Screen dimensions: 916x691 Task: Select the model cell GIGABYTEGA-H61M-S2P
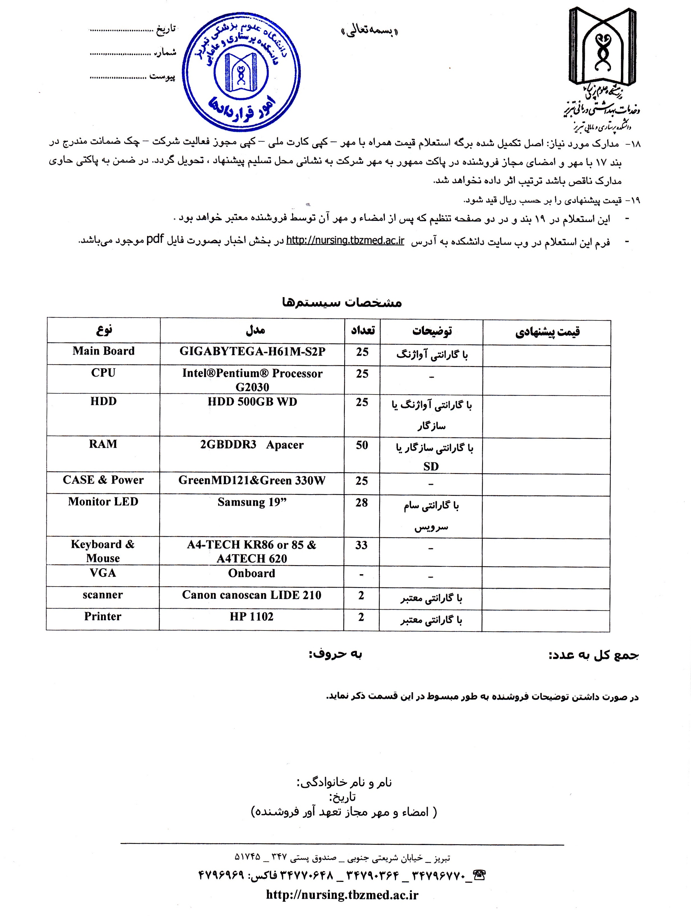tap(252, 352)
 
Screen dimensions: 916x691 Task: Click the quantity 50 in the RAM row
tap(362, 445)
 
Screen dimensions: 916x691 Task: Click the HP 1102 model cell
tap(252, 617)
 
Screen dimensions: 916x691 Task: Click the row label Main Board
tap(104, 351)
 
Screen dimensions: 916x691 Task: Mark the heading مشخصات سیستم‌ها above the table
tap(342, 302)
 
